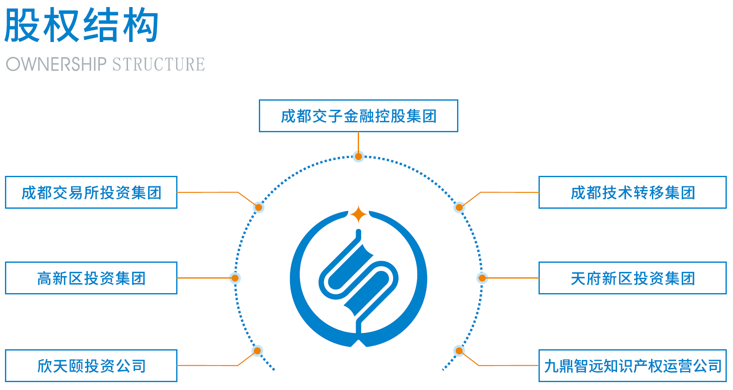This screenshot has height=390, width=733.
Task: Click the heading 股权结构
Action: coord(81,26)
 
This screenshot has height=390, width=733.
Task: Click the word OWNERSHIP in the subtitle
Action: coord(57,64)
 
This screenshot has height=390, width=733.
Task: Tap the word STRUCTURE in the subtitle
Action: coord(158,64)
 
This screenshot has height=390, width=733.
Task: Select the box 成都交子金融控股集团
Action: coord(358,116)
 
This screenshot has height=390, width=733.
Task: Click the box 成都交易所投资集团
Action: coord(91,193)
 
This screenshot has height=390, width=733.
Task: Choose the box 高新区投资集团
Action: coord(91,278)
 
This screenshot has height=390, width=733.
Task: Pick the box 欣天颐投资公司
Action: coord(91,366)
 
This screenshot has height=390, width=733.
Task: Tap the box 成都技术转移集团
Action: coord(632,193)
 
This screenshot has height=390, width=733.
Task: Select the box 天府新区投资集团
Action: coord(632,278)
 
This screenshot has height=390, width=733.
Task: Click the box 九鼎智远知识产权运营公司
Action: coord(632,366)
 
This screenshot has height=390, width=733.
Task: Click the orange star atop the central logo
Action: coord(358,215)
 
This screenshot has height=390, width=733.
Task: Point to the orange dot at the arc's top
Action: coord(358,156)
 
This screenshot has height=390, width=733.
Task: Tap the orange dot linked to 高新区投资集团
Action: coord(235,278)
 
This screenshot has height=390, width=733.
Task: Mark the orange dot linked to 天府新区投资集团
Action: coord(482,278)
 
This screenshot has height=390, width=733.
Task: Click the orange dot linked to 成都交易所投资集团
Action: coord(258,207)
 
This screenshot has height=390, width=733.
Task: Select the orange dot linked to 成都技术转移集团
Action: coord(459,207)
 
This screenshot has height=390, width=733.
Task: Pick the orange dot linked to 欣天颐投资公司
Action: coord(257,351)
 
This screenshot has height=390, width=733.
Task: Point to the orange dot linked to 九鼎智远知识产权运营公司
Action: coord(459,351)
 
